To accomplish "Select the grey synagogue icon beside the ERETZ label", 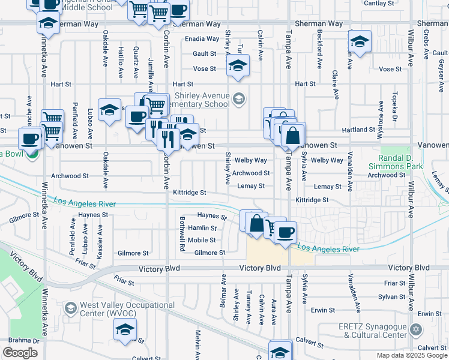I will (x=415, y=329).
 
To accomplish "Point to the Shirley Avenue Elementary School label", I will (x=202, y=100).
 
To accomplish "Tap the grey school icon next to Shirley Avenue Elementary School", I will (x=239, y=99).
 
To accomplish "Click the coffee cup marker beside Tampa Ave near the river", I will (x=286, y=231).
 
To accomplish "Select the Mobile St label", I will (x=202, y=240).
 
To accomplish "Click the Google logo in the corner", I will (x=20, y=353).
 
